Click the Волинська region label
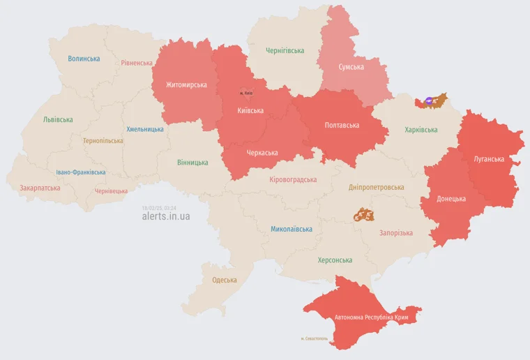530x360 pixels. [84, 59]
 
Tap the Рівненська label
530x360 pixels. [137, 63]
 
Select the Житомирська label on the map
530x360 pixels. [186, 85]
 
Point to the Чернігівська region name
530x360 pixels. [285, 51]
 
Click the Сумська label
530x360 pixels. [351, 67]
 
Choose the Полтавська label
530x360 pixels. [342, 126]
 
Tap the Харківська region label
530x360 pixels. [421, 130]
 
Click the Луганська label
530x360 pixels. [489, 159]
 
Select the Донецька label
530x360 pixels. [451, 199]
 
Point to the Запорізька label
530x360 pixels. [395, 233]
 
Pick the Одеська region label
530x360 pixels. [225, 280]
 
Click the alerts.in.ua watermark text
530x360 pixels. [166, 216]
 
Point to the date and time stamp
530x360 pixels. [159, 207]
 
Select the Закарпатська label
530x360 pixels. [39, 188]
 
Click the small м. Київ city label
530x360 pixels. [246, 93]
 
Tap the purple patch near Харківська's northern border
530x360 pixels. [429, 101]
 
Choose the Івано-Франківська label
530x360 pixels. [81, 172]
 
